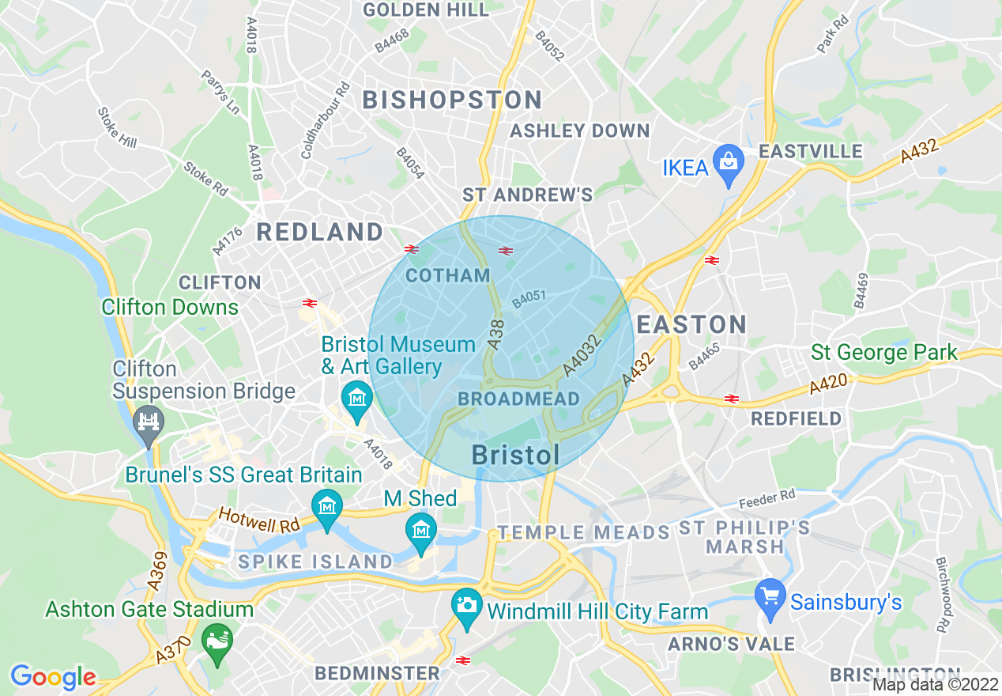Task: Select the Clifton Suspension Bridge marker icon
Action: coord(148,419)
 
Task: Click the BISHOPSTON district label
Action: coord(452,100)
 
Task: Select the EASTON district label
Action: coord(691,324)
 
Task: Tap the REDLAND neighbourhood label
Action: coord(320,233)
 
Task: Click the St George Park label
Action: coord(884,353)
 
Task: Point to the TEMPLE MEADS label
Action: coord(583,533)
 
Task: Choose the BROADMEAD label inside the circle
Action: coord(519,399)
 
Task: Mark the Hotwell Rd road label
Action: coord(259,520)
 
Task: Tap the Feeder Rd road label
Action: coord(767,499)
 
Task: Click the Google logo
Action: coord(53,677)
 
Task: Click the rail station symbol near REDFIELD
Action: coord(732,399)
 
